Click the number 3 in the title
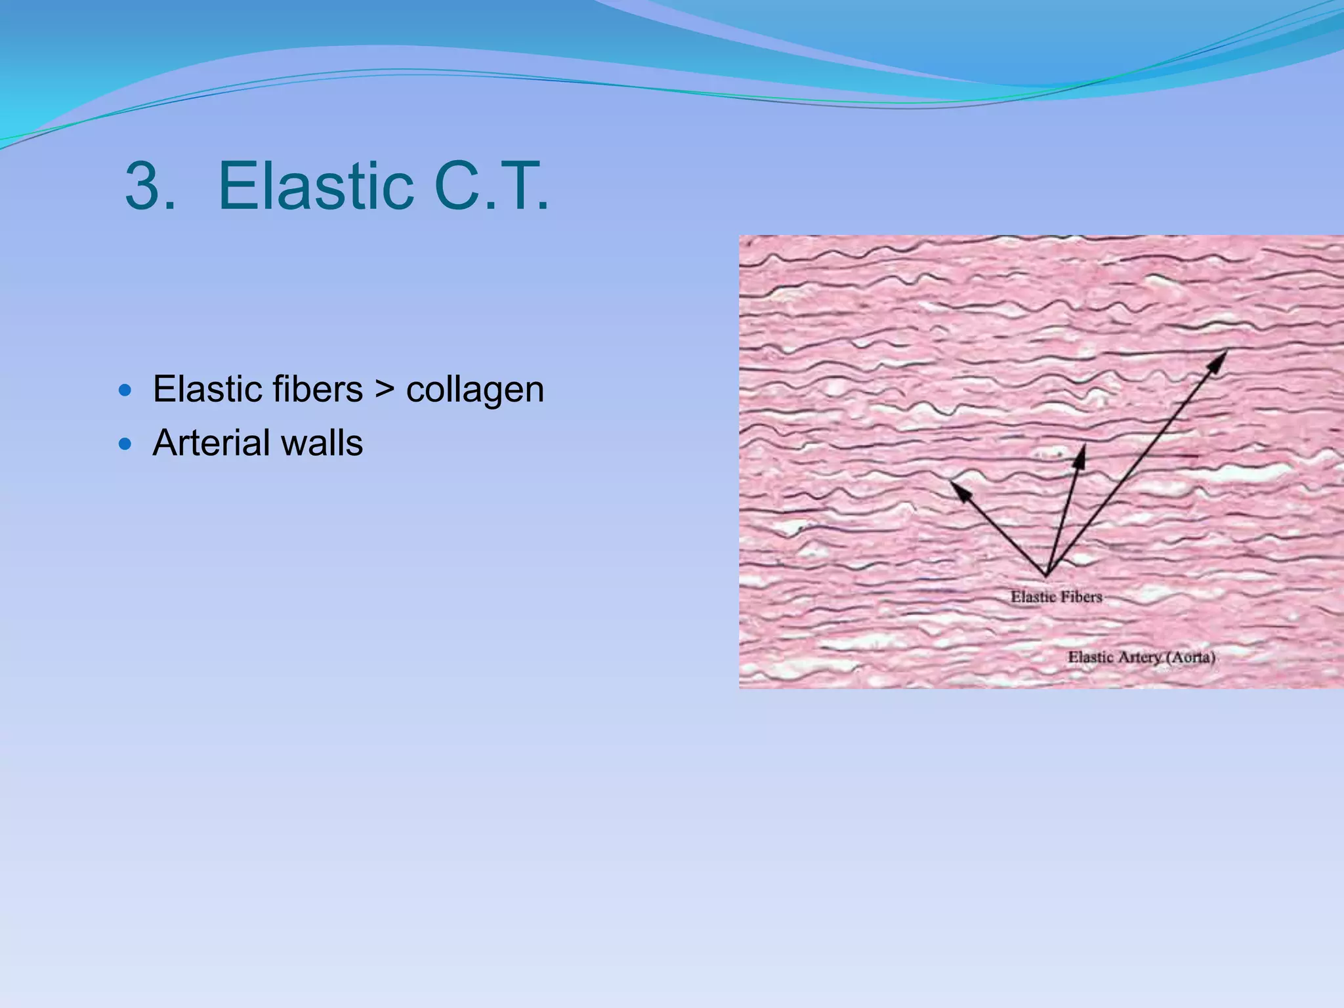tap(150, 186)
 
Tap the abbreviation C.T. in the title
tap(491, 186)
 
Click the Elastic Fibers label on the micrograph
tap(1056, 597)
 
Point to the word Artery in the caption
tap(1140, 657)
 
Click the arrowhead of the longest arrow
tap(1222, 357)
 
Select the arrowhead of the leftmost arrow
tap(957, 487)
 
